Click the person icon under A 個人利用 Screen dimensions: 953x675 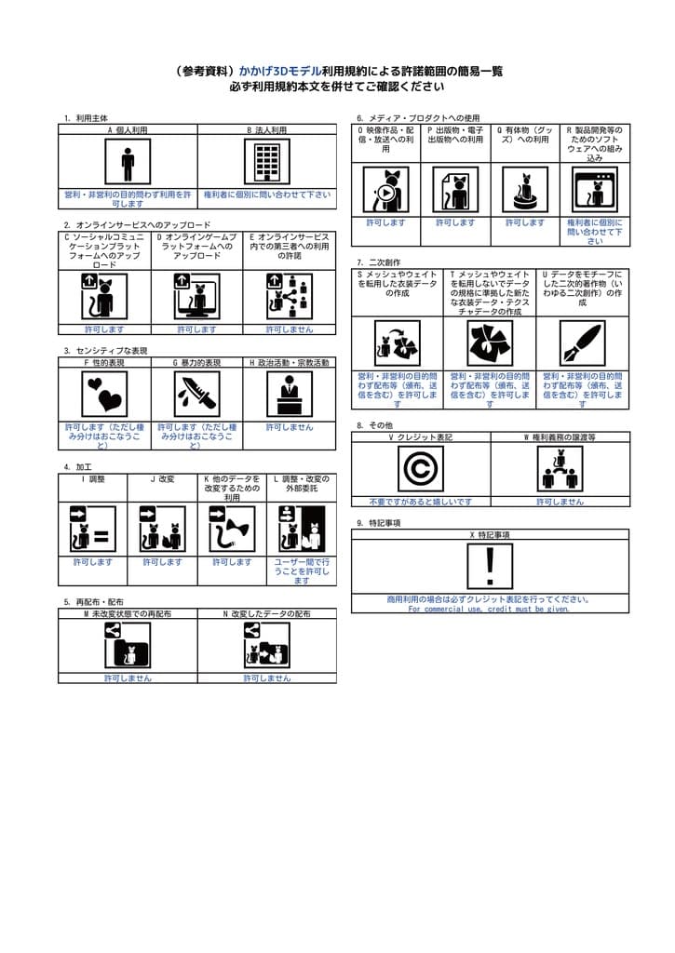[x=128, y=163]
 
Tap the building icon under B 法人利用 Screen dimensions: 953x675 [x=267, y=163]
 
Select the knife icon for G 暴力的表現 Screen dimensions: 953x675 [x=196, y=394]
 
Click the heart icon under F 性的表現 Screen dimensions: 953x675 [x=104, y=394]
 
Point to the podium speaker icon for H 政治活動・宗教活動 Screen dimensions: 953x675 [x=289, y=394]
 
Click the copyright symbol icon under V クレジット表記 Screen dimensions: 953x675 [x=421, y=468]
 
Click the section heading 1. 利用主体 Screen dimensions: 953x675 [x=86, y=118]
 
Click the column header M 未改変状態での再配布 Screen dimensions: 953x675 [x=128, y=614]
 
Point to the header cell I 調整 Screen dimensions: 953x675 [x=93, y=478]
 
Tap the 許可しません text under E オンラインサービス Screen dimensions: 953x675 [x=289, y=329]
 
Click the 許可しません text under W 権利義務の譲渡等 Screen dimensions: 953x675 [x=560, y=502]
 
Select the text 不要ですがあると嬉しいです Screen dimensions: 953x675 [x=421, y=502]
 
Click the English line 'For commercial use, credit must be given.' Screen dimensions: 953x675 [x=490, y=609]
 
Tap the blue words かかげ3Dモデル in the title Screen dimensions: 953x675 [x=280, y=71]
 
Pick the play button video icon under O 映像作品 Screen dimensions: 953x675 [x=385, y=190]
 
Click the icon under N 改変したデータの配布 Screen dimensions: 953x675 [x=266, y=645]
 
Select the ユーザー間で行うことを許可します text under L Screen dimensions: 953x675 [x=301, y=570]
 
